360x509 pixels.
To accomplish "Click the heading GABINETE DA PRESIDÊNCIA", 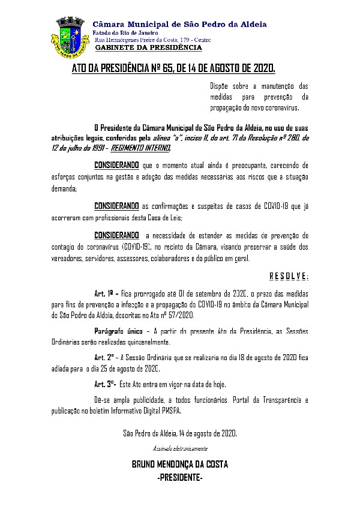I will [149, 47].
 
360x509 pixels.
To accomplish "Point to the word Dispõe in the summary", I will [220, 86].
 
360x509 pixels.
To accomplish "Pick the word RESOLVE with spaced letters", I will [288, 276].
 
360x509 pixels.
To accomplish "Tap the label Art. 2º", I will [104, 356].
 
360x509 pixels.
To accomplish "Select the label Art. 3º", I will [105, 383].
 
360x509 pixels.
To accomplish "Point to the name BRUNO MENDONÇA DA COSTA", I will [179, 465].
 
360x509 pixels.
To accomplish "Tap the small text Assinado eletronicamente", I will [179, 448].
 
